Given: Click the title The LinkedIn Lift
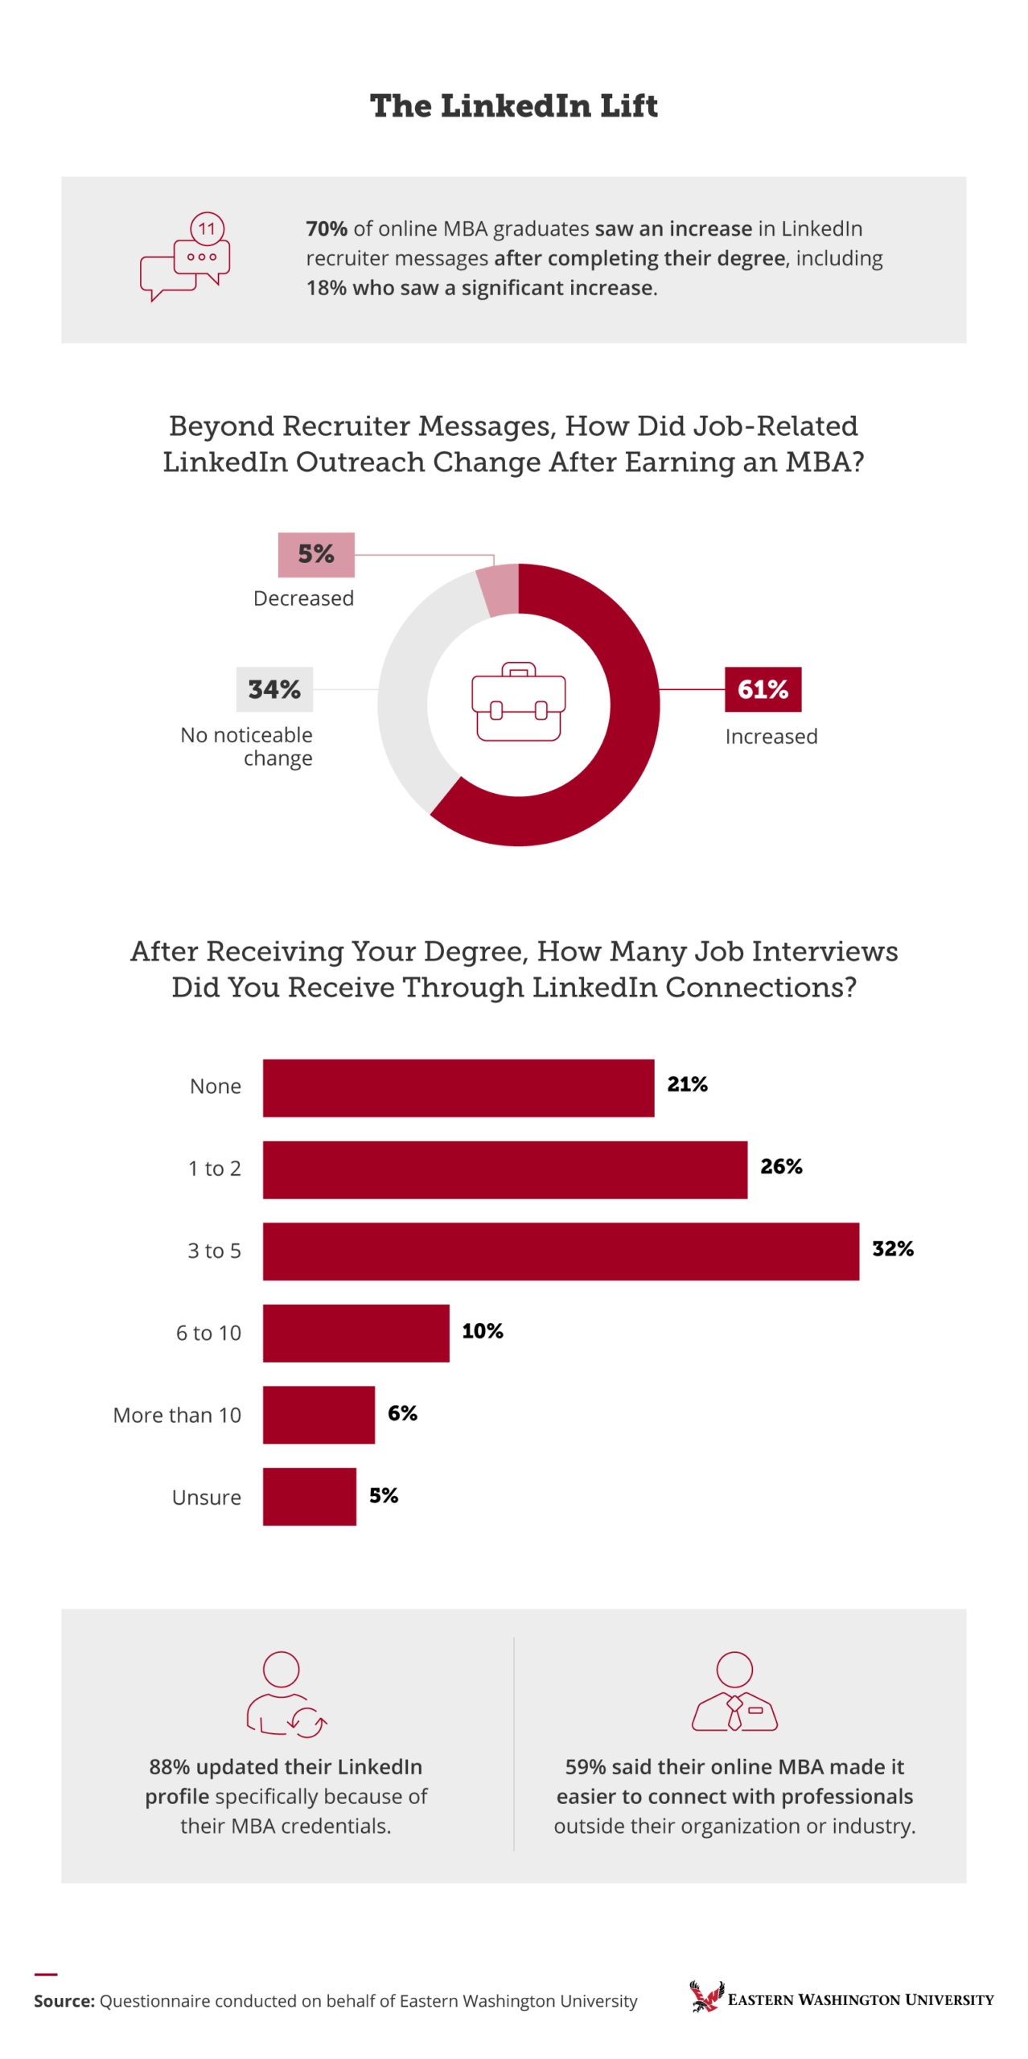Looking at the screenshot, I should click(x=513, y=106).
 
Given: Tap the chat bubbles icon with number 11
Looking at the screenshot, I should click(x=186, y=257).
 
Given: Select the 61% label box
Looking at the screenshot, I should click(x=762, y=688).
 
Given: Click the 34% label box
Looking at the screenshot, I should click(x=273, y=688).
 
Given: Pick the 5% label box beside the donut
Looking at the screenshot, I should click(x=315, y=553).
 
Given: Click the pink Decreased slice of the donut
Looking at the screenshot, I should click(x=500, y=589).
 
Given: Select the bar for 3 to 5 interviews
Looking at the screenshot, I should click(x=560, y=1250).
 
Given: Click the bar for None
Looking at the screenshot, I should click(x=458, y=1087).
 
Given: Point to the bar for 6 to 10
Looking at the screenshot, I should click(x=356, y=1332).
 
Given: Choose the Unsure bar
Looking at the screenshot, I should click(x=309, y=1495).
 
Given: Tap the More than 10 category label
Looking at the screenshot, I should click(x=177, y=1415).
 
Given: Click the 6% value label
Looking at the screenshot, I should click(x=402, y=1412).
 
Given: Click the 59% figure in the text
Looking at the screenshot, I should click(x=585, y=1766).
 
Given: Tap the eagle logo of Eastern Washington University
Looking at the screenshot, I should click(x=705, y=1996).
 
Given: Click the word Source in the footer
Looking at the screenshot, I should click(x=64, y=2000).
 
